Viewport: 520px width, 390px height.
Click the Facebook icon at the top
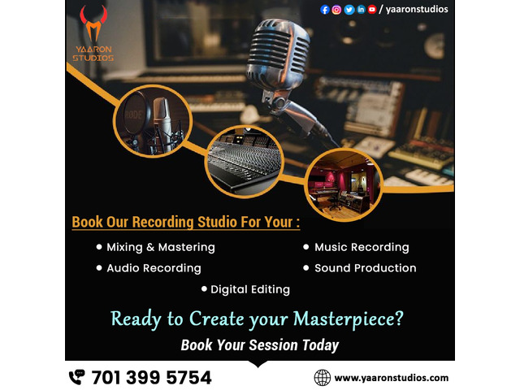pyautogui.click(x=325, y=10)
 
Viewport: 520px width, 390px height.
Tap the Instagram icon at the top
pyautogui.click(x=336, y=10)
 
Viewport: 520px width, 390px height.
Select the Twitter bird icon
pyautogui.click(x=349, y=10)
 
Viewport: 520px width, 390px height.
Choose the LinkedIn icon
pyautogui.click(x=360, y=10)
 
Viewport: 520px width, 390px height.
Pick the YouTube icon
pyautogui.click(x=372, y=10)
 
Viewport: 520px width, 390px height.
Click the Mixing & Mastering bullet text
pyautogui.click(x=161, y=247)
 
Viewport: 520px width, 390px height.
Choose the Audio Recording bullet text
pyautogui.click(x=154, y=268)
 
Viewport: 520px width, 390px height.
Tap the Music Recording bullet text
pyautogui.click(x=362, y=247)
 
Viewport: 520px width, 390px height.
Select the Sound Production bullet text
pyautogui.click(x=365, y=268)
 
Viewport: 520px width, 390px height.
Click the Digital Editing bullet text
pyautogui.click(x=250, y=289)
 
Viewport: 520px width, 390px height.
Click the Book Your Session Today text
pyautogui.click(x=259, y=345)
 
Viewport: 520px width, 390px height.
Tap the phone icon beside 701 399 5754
pyautogui.click(x=76, y=377)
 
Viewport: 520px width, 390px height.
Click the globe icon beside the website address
pyautogui.click(x=323, y=377)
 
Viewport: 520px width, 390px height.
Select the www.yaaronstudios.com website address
pyautogui.click(x=391, y=378)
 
